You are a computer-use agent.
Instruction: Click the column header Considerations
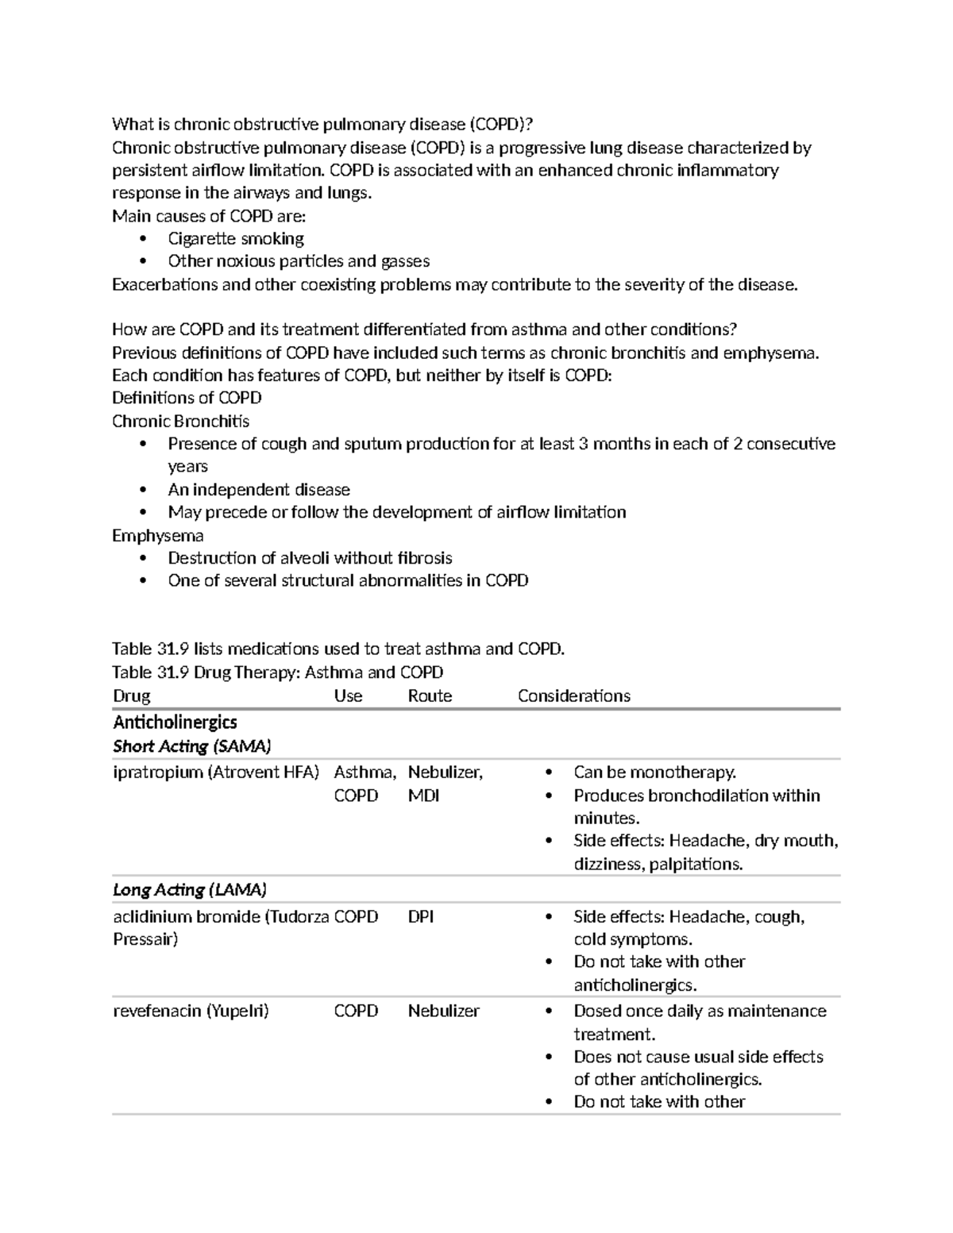point(573,696)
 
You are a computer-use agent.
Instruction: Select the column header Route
point(430,696)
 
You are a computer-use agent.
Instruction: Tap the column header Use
point(348,696)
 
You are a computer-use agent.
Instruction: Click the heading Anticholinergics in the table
point(175,722)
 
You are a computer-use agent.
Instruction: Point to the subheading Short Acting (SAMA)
point(192,746)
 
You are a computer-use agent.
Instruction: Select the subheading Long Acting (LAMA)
point(189,890)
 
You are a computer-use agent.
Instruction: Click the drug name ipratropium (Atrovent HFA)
point(216,773)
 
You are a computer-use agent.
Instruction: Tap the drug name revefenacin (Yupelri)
point(191,1011)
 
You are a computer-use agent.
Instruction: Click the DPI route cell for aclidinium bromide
point(421,917)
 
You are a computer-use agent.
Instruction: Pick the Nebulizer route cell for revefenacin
point(443,1011)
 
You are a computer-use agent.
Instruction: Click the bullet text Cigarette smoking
point(236,239)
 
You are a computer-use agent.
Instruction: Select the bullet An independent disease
point(259,490)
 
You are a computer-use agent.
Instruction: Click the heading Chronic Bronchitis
point(180,422)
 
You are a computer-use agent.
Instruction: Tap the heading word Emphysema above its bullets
point(157,536)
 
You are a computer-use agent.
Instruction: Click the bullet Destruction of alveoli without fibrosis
point(310,558)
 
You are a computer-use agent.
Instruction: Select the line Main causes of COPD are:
point(208,216)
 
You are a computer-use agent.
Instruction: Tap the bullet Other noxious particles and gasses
point(299,262)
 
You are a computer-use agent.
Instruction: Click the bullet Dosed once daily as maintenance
point(699,1011)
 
